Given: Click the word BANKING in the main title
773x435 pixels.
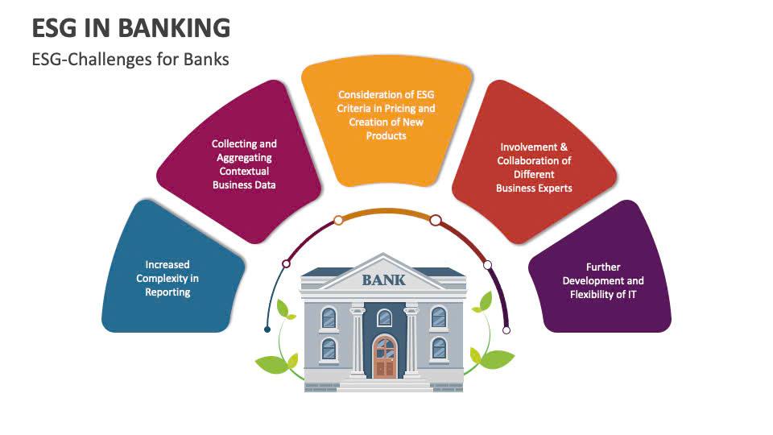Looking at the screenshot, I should pos(174,27).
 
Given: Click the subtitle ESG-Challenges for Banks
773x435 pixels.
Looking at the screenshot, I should pos(130,60).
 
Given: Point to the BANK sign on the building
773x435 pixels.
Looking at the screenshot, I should pos(384,281).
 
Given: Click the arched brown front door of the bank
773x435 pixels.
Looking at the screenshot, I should pos(385,358).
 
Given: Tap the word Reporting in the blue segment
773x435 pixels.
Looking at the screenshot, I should pos(167,292).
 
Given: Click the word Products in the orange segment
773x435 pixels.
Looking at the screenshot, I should pos(386,136).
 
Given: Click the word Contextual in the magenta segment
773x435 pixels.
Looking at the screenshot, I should pos(243,172).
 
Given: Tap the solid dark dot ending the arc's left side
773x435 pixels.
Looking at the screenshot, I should pos(267,329).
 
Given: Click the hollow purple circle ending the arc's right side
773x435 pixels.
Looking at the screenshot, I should pos(506,329).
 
